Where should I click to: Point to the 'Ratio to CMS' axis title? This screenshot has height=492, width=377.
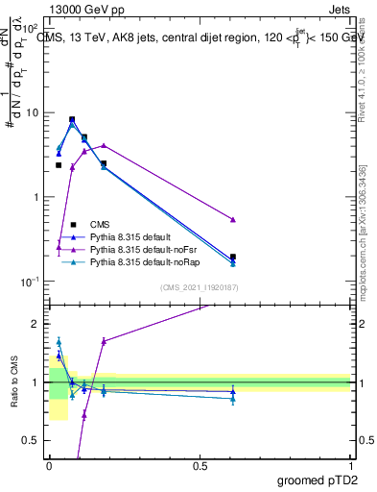[12, 382]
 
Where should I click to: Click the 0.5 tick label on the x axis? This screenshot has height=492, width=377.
[200, 465]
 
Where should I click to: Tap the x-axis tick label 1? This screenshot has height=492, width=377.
[351, 465]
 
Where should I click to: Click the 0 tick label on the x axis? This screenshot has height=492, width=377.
[49, 465]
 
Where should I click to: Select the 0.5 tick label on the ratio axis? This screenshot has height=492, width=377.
[35, 441]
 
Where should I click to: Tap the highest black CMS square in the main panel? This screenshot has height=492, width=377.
[72, 119]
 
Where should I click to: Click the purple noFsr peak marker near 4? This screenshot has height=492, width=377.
[104, 145]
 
